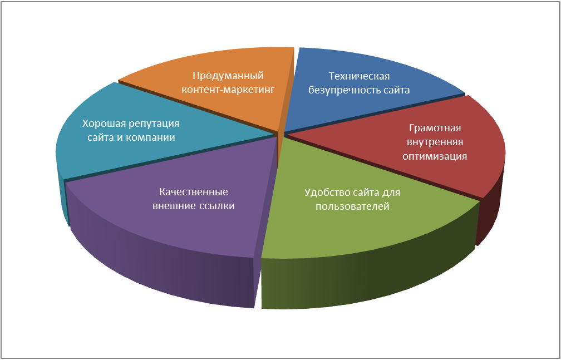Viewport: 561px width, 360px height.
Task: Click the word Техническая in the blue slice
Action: click(358, 76)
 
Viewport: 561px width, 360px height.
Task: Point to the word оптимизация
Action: click(435, 156)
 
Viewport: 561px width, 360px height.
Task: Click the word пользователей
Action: click(352, 206)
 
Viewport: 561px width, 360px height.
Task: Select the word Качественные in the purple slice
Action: click(193, 192)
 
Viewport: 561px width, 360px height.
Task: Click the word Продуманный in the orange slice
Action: click(228, 76)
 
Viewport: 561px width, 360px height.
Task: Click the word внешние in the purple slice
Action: click(173, 206)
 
